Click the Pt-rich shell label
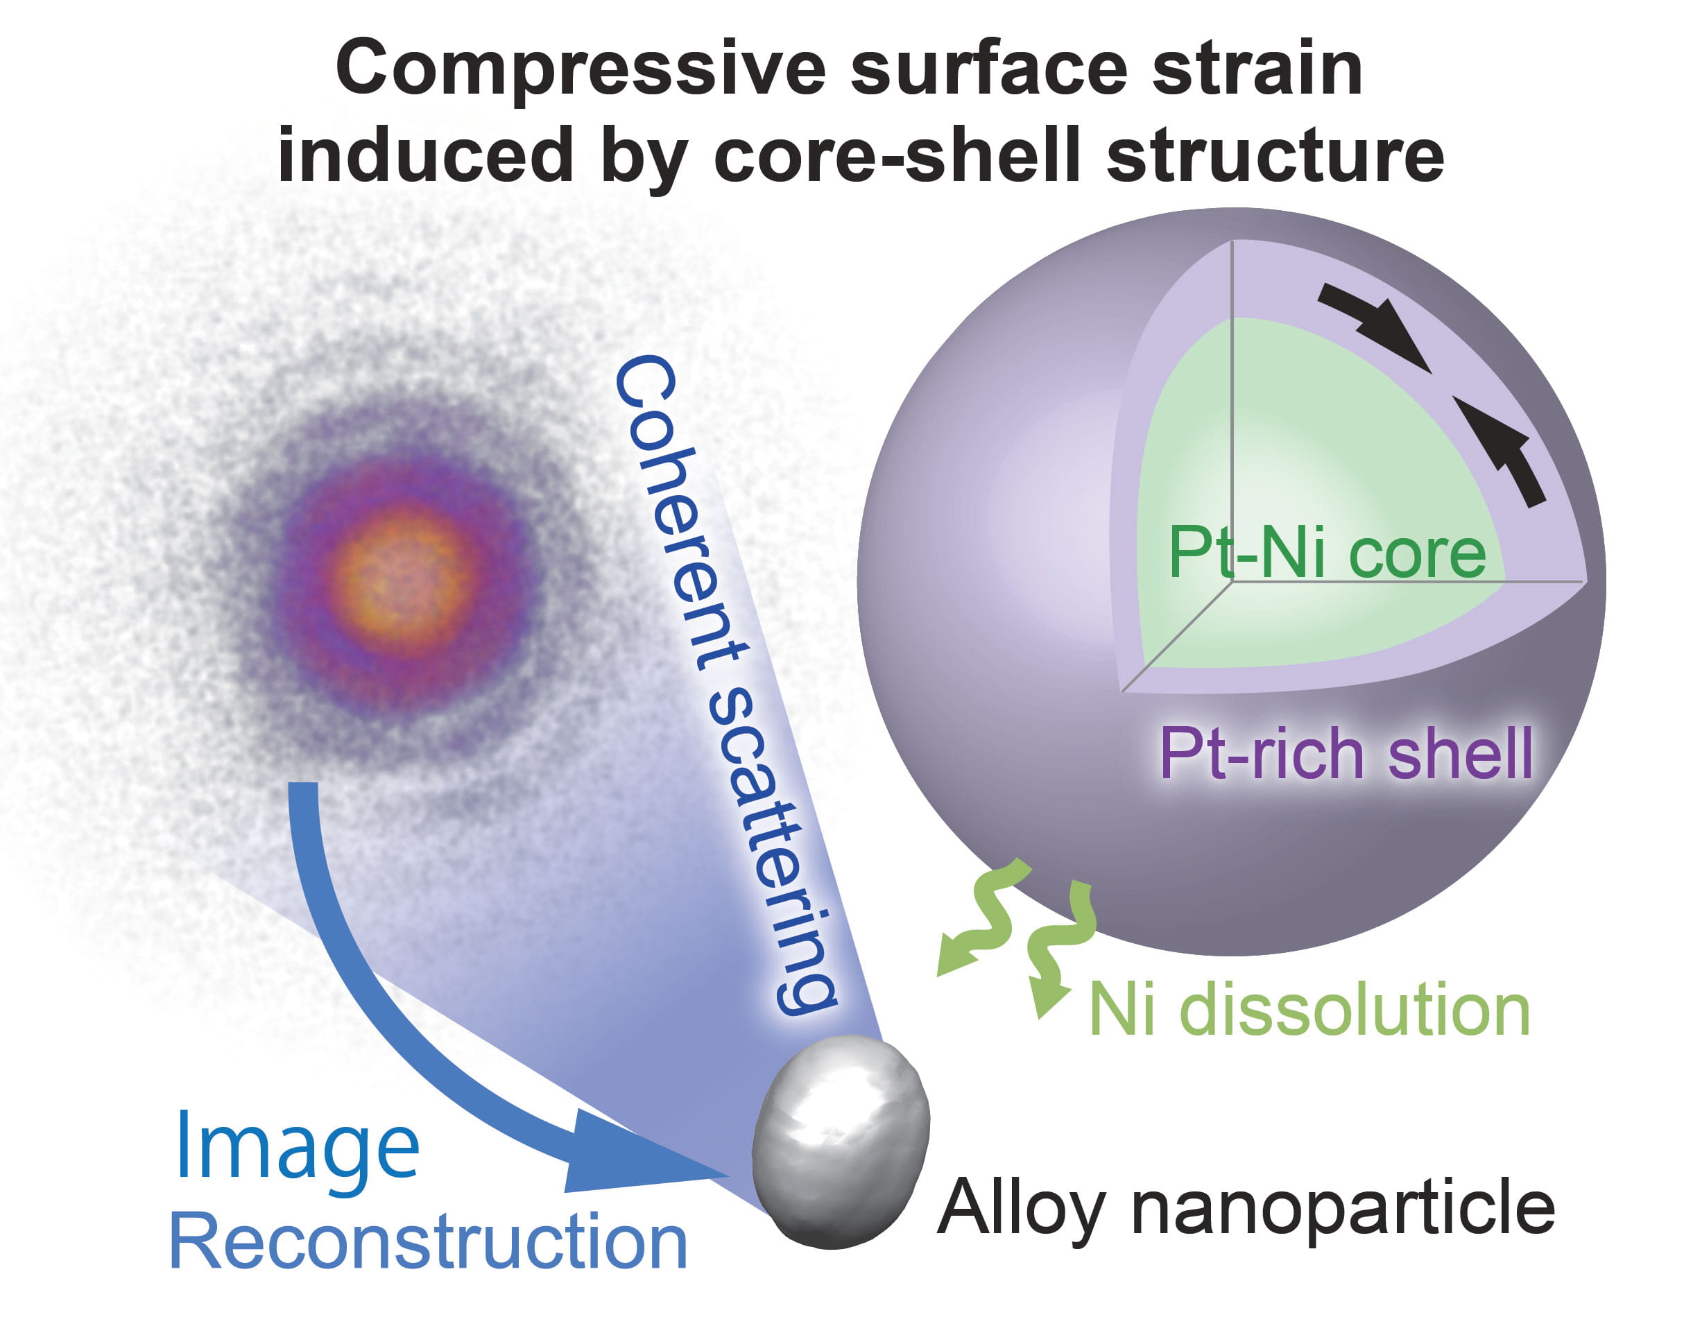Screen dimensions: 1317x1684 coord(1346,753)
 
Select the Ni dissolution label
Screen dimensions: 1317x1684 coord(1309,1011)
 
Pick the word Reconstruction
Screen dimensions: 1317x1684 coord(428,1243)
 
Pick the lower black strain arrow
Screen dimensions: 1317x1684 coord(1500,447)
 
